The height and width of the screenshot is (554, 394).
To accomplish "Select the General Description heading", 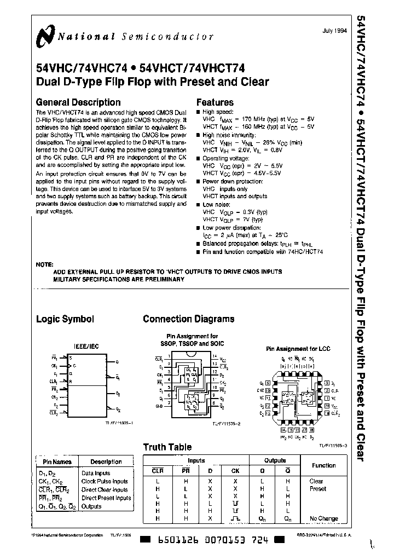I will tap(78, 102).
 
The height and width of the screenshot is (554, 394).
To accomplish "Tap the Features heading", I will tap(215, 102).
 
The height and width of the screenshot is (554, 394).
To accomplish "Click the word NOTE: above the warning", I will tap(45, 264).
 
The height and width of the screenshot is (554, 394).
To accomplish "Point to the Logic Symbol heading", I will tap(65, 319).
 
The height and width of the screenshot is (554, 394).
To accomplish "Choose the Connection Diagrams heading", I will tap(188, 319).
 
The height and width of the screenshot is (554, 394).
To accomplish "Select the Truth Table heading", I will tap(167, 447).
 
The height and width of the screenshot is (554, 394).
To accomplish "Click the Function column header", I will tap(323, 465).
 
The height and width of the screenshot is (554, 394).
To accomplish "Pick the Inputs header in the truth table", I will tap(196, 461).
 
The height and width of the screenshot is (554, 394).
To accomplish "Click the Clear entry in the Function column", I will tap(316, 481).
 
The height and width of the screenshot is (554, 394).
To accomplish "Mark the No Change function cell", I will tap(323, 518).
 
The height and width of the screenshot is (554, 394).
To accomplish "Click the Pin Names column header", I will tap(53, 462).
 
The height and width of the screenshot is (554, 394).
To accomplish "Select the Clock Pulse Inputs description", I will tap(105, 482).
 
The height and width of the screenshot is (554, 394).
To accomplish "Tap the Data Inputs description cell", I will tap(96, 474).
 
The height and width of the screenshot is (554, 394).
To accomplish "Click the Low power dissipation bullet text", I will tap(231, 228).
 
